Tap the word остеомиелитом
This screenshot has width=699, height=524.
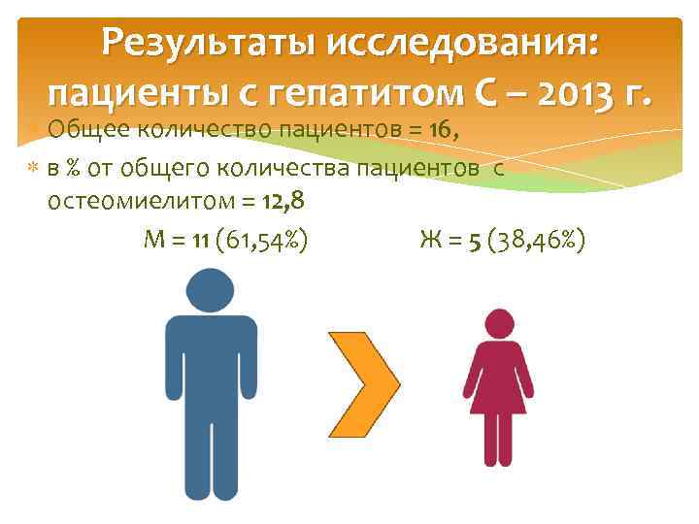click(x=135, y=202)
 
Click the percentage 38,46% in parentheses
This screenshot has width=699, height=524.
click(x=538, y=240)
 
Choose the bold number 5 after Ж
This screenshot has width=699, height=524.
click(x=475, y=240)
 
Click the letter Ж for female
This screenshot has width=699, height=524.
click(x=430, y=240)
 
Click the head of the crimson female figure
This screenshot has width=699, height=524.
click(x=498, y=324)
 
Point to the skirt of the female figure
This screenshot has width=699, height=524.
click(x=498, y=393)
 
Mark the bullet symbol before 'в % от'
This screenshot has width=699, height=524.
click(x=34, y=167)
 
